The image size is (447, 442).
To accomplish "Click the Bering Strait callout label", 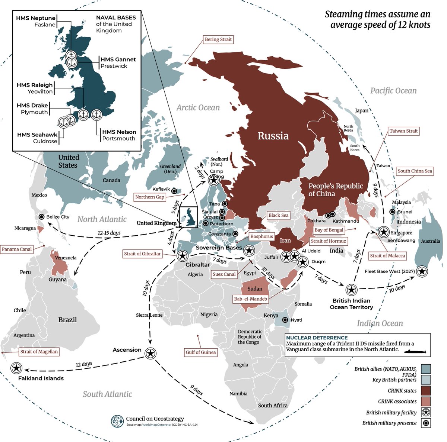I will (x=218, y=39).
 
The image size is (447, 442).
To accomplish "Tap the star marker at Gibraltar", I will (x=182, y=256).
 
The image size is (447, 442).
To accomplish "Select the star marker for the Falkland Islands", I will (x=16, y=368).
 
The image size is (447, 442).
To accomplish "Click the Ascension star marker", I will (x=150, y=354).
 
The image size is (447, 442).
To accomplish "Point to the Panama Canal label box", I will (x=17, y=249).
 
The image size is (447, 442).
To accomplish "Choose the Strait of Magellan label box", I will (x=39, y=352).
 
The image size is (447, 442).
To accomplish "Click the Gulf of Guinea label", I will (x=201, y=352).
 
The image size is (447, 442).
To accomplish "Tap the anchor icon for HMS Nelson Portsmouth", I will (x=96, y=115).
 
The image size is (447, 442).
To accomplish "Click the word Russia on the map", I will (x=273, y=136).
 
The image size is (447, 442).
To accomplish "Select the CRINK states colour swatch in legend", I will (x=425, y=390).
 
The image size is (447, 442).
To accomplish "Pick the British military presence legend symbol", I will (x=425, y=423).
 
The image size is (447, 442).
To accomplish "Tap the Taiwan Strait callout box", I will (x=403, y=131).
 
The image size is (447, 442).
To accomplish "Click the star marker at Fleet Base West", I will (x=422, y=272).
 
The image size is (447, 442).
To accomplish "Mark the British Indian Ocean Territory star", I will (x=351, y=290).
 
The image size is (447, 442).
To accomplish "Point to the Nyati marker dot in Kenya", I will (x=285, y=320).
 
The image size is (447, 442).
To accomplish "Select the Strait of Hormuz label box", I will (x=328, y=241).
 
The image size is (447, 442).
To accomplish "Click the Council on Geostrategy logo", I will (x=117, y=421).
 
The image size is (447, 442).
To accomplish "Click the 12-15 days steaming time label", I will (x=109, y=233).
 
